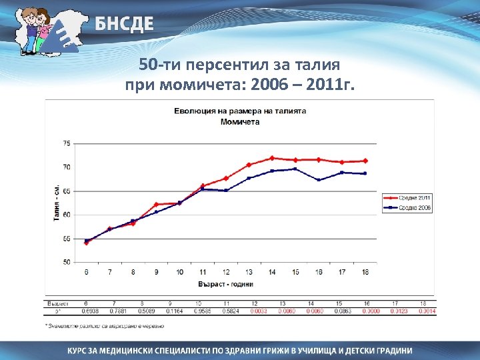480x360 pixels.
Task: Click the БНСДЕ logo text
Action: [123, 25]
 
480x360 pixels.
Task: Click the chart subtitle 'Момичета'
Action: [240, 122]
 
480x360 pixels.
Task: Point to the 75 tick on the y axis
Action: [65, 143]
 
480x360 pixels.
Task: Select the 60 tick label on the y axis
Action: [65, 215]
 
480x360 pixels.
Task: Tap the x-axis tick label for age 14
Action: [271, 272]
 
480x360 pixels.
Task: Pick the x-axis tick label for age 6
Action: [86, 272]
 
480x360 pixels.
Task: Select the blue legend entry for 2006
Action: [406, 208]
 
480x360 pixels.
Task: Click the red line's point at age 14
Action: [272, 158]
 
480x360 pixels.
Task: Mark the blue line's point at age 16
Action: [318, 180]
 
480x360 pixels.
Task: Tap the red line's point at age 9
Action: [156, 205]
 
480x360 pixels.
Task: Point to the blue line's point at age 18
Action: [365, 173]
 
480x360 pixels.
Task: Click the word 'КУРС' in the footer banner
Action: [82, 350]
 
